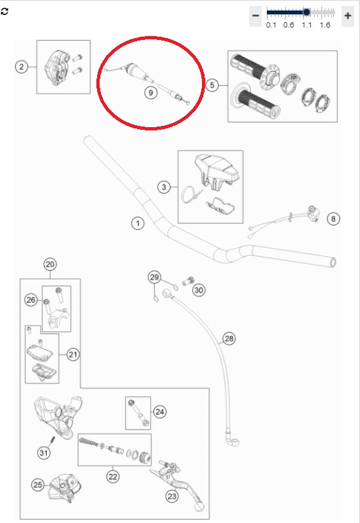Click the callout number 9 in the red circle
[150, 92]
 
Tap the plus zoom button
[348, 16]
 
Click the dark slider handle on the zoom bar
[306, 12]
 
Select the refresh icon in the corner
[5, 12]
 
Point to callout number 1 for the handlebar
[138, 223]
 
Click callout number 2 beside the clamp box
[22, 67]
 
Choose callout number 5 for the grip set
[212, 85]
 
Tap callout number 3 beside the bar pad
[163, 187]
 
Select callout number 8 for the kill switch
[333, 219]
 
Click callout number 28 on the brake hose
[229, 339]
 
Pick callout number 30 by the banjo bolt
[199, 290]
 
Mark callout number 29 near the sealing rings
[154, 277]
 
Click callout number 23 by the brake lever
[172, 496]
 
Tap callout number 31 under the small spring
[44, 453]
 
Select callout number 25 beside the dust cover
[37, 484]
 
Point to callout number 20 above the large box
[50, 265]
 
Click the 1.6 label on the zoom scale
[325, 25]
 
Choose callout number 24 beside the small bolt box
[159, 412]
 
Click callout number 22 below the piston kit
[113, 476]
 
